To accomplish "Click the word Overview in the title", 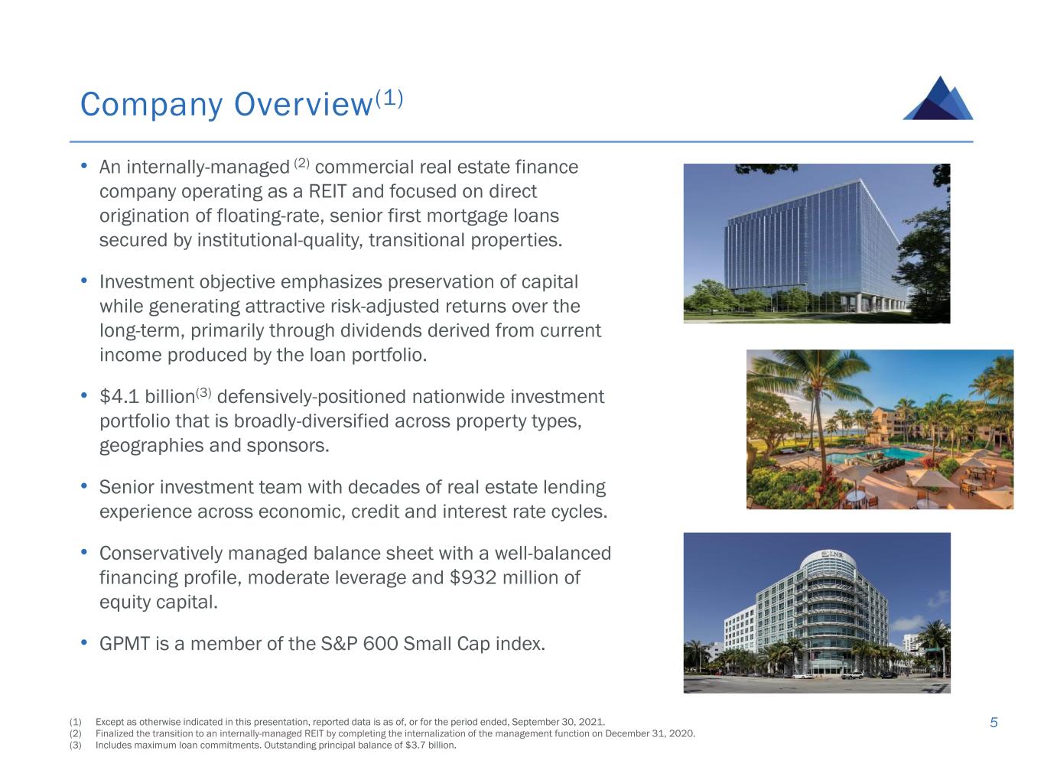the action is click(303, 104).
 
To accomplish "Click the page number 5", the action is click(994, 723).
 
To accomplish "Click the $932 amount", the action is click(473, 577).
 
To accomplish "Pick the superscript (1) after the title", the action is click(389, 98).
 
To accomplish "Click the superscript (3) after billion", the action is click(203, 392).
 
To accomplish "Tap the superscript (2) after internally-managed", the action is click(301, 164).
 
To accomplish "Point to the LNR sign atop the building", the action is click(832, 554).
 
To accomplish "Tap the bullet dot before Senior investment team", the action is click(84, 486).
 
